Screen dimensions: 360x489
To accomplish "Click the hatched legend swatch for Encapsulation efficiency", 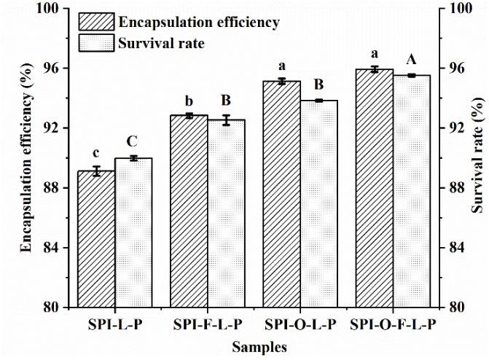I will tap(95, 21).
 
